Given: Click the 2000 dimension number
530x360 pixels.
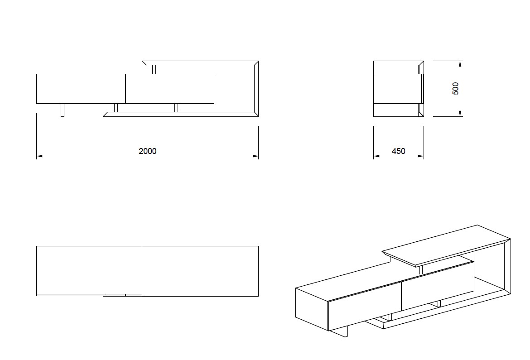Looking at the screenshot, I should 147,151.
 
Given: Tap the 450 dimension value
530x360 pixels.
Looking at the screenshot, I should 398,151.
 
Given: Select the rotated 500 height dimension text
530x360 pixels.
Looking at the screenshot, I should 456,88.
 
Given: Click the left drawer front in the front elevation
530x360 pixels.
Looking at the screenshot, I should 80,88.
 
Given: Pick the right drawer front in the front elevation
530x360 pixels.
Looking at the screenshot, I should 169,88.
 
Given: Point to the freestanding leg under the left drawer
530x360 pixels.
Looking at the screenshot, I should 63,110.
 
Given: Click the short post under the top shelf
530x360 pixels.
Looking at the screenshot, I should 154,69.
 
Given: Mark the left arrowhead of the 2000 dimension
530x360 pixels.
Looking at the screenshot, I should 39,156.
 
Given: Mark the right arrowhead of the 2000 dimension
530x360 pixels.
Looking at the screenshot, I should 255,156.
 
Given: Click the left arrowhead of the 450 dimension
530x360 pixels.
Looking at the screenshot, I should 376,157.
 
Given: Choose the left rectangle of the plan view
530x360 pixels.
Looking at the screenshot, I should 89,270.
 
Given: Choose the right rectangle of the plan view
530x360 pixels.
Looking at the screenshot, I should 200,271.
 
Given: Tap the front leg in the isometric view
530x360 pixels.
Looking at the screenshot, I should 346,331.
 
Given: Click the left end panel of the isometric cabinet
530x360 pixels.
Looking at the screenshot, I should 311,308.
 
